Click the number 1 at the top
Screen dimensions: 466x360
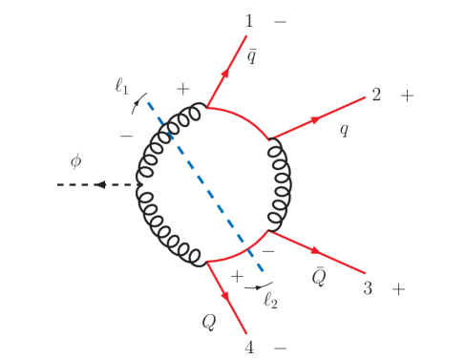249,20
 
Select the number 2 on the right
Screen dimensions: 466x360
376,95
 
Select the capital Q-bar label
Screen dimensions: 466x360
323,277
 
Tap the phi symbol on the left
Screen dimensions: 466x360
75,160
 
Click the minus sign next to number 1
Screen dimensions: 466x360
280,20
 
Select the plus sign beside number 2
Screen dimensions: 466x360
408,95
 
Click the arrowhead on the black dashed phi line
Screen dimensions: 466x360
98,184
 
